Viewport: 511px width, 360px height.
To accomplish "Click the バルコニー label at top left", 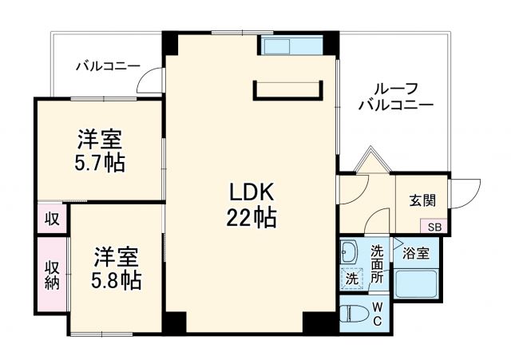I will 108,66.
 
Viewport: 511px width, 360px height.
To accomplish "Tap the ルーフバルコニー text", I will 395,97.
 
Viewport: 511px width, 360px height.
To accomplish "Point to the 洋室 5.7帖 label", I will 100,152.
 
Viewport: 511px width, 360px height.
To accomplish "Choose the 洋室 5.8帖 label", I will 117,269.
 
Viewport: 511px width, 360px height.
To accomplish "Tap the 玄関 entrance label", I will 422,200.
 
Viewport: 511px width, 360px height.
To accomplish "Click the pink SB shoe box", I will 434,227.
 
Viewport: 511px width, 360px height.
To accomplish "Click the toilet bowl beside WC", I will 352,313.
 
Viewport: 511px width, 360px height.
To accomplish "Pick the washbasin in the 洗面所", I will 351,255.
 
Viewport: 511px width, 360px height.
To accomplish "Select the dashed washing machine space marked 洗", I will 351,279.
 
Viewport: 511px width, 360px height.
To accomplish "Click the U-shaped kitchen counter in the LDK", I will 288,90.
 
